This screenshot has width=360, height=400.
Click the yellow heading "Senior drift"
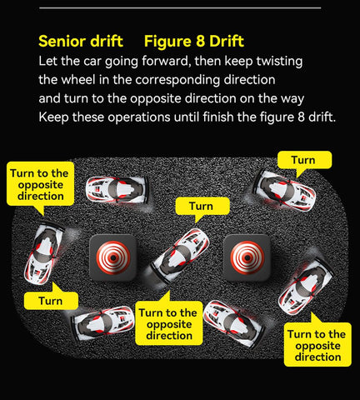tap(81, 42)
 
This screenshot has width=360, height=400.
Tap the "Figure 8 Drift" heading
tap(194, 42)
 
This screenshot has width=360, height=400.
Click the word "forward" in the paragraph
tap(165, 61)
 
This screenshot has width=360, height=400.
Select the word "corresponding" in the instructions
tap(177, 80)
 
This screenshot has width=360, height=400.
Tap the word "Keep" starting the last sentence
tap(53, 117)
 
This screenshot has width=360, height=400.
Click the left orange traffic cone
tap(113, 257)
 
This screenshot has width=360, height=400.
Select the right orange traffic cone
tap(247, 257)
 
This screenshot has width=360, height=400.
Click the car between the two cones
tap(181, 256)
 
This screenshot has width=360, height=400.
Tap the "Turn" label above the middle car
tap(202, 207)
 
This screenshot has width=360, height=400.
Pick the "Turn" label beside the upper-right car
tap(304, 160)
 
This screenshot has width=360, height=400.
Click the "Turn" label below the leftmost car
tap(51, 301)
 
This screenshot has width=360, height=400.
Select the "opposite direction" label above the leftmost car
tap(40, 184)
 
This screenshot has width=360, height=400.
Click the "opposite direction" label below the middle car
tap(169, 323)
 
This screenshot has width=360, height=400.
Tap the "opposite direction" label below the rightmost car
tap(317, 345)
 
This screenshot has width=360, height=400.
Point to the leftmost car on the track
tap(43, 254)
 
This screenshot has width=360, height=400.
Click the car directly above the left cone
tap(117, 190)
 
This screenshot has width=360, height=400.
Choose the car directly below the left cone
tap(104, 322)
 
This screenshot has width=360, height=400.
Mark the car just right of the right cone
tap(306, 287)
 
